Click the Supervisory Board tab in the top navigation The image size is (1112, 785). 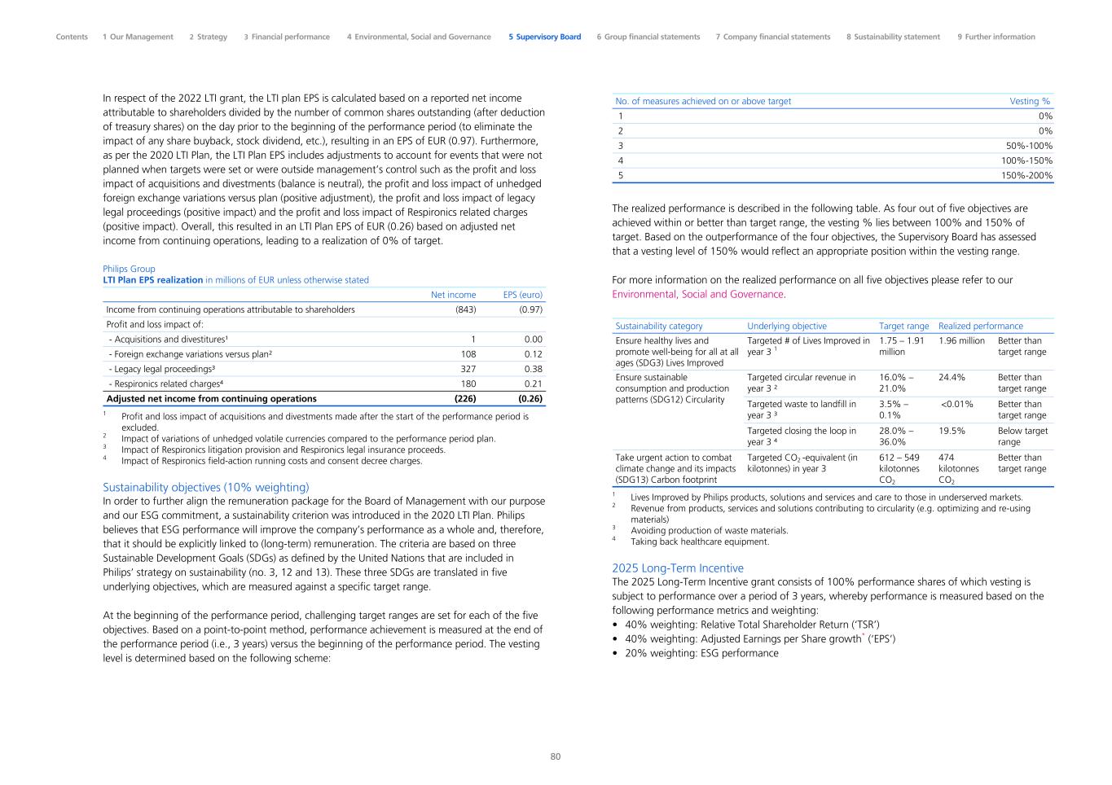coord(544,37)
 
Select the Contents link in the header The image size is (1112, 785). coord(72,37)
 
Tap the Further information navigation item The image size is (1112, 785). coord(996,37)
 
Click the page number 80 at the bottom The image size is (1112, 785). coord(556,756)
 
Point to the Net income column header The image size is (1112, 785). coord(453,295)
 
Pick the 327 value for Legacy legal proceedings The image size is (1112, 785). coord(468,369)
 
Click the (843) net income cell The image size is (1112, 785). coord(465,309)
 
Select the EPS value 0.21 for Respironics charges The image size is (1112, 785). coord(534,384)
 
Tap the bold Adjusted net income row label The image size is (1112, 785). coord(212,399)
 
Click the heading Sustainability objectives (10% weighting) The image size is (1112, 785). coord(206,488)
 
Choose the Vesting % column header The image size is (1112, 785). coord(1030,101)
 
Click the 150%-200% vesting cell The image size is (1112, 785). coord(1026,175)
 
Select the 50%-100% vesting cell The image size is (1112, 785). coord(1029,146)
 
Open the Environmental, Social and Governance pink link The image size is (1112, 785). coord(698,294)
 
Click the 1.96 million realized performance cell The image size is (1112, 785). coord(961,341)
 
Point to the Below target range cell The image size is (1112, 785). coord(1022,436)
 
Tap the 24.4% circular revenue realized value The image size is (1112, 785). coord(952,378)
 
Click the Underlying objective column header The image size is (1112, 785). coord(786,326)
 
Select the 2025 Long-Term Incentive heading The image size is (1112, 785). coord(678,568)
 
